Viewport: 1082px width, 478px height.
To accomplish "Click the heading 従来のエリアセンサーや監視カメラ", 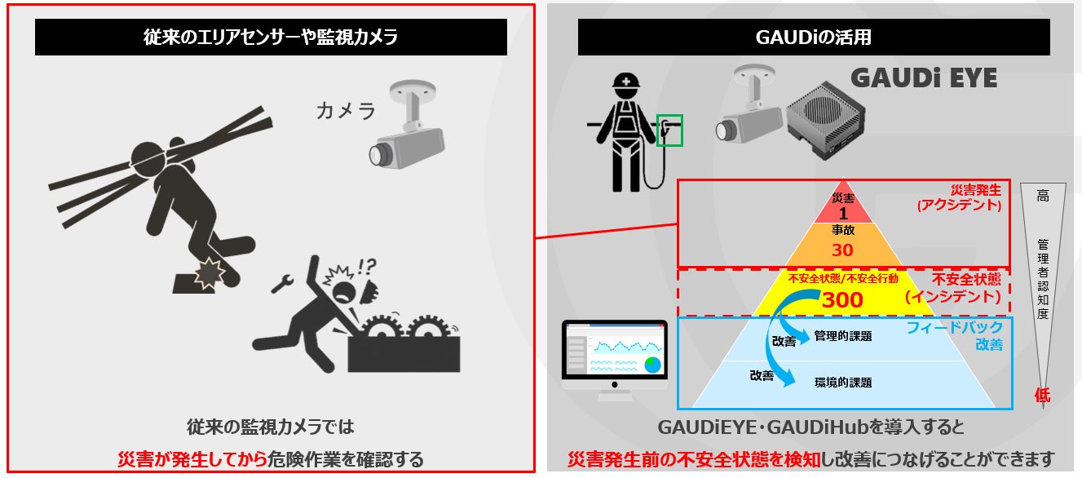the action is (271, 37).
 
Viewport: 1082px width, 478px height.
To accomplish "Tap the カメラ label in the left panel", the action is (346, 112).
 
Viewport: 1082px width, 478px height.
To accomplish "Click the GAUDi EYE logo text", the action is (924, 78).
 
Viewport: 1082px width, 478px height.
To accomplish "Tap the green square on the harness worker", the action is (669, 130).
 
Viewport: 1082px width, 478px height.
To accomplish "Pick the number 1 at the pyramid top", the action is (842, 214).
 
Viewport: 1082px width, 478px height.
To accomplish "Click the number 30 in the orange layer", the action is (842, 250).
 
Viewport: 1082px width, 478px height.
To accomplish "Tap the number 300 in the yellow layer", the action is (842, 300).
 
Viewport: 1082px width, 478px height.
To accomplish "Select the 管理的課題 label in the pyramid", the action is (843, 336).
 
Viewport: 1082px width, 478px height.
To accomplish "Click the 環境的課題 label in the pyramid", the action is (843, 382).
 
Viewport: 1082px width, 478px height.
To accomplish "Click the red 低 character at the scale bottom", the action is (1042, 396).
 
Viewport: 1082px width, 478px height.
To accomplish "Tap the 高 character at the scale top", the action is (1042, 196).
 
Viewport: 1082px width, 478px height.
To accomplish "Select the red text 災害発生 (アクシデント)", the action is (958, 197).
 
